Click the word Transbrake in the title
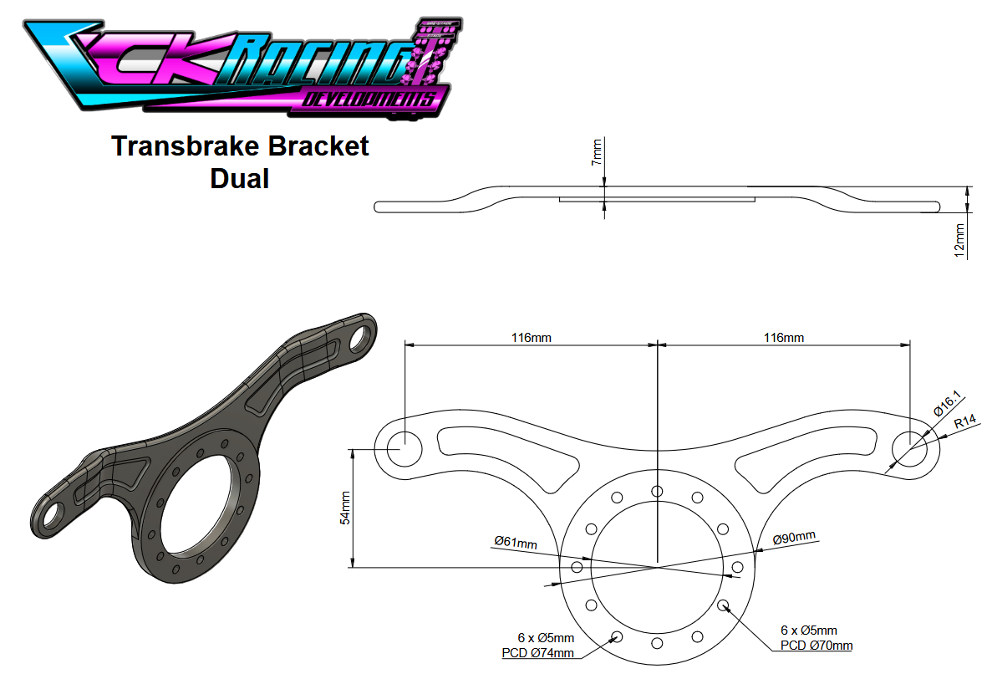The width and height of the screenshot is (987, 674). [181, 146]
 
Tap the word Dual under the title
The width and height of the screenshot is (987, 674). [240, 178]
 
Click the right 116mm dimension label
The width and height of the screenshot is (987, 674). [784, 338]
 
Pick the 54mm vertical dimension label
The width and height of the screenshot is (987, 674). [345, 508]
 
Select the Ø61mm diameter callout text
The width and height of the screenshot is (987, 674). [515, 541]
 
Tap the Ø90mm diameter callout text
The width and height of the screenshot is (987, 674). [794, 538]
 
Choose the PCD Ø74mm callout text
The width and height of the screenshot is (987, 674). [538, 652]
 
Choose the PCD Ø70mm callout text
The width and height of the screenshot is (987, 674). [817, 646]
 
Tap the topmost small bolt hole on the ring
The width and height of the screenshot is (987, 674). [658, 491]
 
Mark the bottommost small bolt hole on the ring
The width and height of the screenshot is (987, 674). [657, 643]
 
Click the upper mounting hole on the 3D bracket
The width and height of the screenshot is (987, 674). [362, 336]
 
